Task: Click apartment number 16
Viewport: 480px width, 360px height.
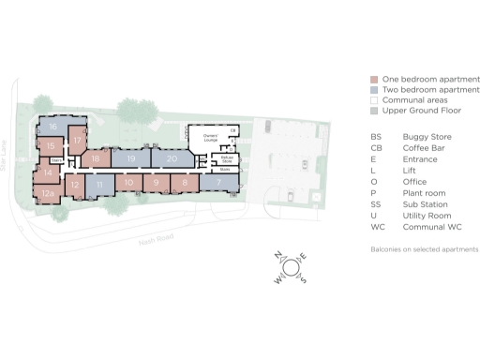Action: click(x=54, y=127)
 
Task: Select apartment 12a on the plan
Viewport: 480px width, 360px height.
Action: click(x=48, y=194)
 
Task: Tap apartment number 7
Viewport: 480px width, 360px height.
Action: click(x=219, y=181)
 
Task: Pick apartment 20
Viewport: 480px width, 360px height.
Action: click(x=172, y=159)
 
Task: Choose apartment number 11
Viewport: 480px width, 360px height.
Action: click(x=99, y=186)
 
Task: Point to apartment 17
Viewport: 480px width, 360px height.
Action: click(x=78, y=140)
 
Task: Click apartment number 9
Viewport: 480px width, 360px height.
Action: click(x=156, y=182)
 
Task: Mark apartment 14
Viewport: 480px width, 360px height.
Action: click(x=47, y=172)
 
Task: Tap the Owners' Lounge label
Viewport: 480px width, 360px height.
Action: click(x=210, y=138)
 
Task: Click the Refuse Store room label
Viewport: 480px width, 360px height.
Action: click(x=226, y=159)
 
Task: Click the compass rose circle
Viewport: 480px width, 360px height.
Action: click(x=291, y=267)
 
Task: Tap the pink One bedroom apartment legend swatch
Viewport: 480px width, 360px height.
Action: click(x=375, y=79)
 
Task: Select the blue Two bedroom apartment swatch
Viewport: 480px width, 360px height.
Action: click(x=375, y=89)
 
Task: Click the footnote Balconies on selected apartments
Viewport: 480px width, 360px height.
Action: click(x=425, y=250)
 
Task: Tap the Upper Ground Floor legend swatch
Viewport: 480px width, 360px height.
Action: click(x=375, y=112)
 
